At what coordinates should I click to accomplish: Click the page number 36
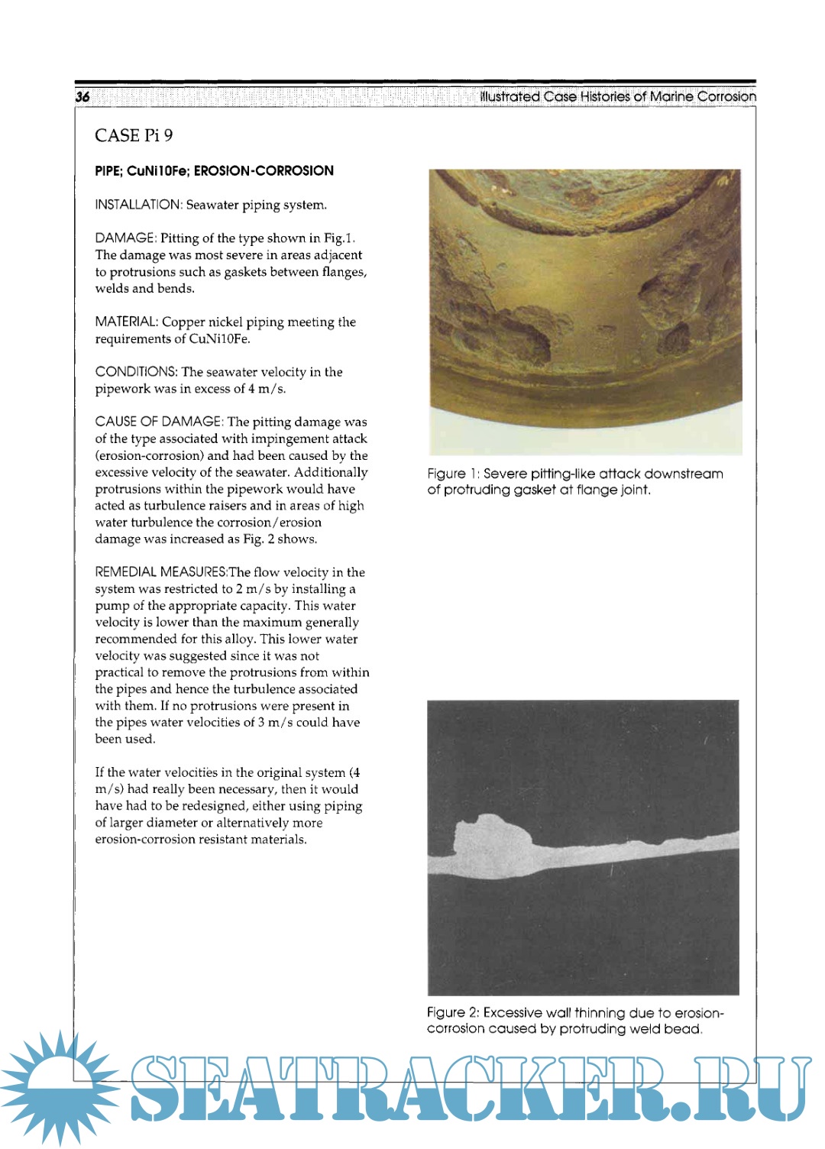click(x=82, y=96)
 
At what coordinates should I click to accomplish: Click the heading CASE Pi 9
click(x=134, y=135)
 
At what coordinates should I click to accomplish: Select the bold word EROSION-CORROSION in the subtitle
click(x=264, y=170)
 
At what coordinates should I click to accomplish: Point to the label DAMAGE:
click(x=125, y=238)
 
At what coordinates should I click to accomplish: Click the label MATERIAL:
click(x=126, y=322)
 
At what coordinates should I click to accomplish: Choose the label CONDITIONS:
click(x=136, y=372)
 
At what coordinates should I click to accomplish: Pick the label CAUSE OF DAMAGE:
click(x=159, y=422)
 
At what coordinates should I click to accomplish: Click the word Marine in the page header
click(x=671, y=96)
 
